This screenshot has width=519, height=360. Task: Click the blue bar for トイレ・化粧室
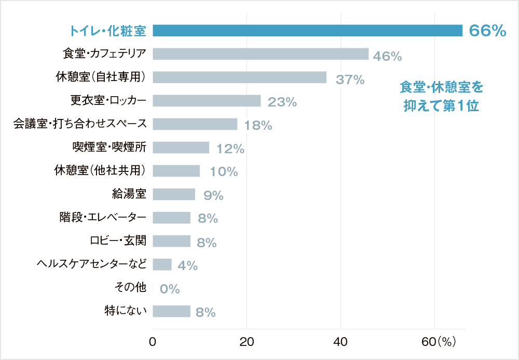[307, 31]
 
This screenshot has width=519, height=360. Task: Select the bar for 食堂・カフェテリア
[261, 54]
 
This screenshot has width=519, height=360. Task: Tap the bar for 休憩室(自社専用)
[239, 77]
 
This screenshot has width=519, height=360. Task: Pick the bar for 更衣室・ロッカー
[207, 101]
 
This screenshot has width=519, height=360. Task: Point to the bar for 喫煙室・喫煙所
[181, 148]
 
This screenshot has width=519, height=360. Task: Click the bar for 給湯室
[174, 194]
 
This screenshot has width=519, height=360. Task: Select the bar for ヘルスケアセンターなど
[162, 264]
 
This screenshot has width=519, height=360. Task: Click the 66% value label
[487, 31]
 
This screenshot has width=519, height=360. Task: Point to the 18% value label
[258, 125]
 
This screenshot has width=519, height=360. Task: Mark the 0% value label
[170, 289]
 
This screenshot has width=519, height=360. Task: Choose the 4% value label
[187, 265]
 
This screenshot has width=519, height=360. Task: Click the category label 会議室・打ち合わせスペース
[80, 124]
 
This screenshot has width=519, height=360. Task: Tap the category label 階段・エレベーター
[103, 217]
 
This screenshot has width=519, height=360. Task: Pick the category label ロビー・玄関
[118, 241]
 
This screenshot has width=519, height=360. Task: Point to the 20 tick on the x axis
[247, 342]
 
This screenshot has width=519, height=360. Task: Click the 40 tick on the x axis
[340, 342]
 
